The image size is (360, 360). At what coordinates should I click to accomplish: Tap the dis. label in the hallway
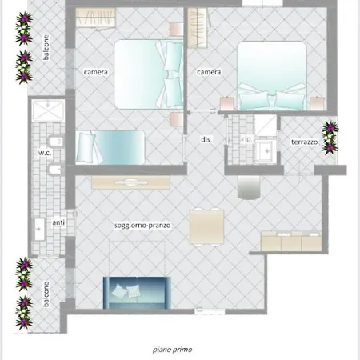tap(206, 139)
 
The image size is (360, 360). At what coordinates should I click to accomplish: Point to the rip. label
tap(246, 139)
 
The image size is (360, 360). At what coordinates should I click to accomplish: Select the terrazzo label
tap(305, 142)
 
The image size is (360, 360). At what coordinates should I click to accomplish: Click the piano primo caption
tap(172, 349)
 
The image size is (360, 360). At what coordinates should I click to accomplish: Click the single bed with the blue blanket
tap(110, 147)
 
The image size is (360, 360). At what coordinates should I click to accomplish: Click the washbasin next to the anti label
tap(39, 229)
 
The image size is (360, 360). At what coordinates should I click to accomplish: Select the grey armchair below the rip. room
tap(250, 186)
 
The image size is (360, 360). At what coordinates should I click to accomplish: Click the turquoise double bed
tap(272, 76)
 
